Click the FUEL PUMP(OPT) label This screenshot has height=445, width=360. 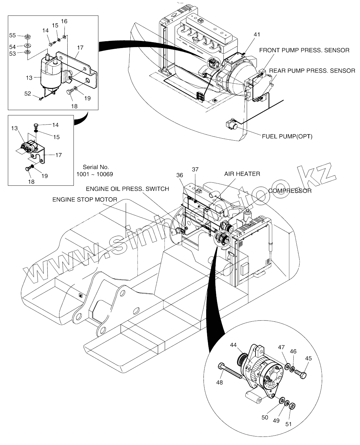coord(287,136)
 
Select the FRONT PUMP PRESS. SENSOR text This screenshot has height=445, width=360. coord(304,50)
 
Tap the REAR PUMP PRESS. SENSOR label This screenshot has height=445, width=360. coord(312,71)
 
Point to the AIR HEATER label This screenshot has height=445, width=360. coord(242,174)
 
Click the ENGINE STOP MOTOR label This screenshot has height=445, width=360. coord(85,199)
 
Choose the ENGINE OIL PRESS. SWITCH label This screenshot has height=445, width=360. coord(127,189)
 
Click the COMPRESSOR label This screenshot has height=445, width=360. coord(290,191)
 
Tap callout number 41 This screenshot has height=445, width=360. coord(257,34)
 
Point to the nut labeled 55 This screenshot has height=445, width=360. coord(28,36)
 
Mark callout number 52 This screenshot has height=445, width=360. coord(27,94)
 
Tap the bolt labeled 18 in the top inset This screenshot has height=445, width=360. coord(72,93)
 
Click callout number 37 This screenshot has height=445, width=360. coord(195,169)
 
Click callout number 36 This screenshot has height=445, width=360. coord(180,175)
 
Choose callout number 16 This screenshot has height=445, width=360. coord(64,21)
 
